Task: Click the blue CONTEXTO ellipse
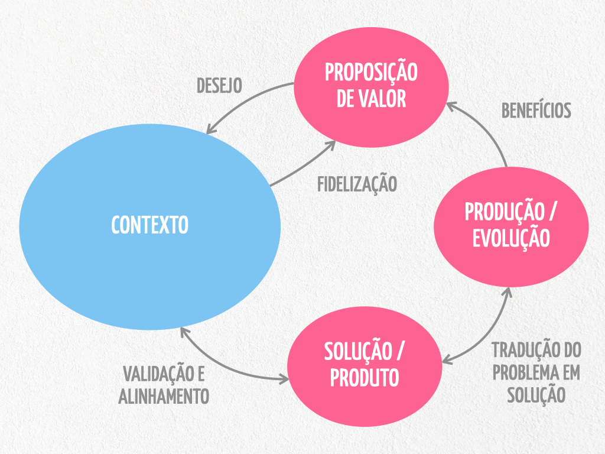(149, 226)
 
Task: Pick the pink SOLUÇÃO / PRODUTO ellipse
(365, 364)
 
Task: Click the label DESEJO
(219, 85)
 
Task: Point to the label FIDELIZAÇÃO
(357, 184)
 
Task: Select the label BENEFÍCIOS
(536, 111)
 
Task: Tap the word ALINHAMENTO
(164, 396)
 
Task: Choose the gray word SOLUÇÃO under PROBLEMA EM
(536, 394)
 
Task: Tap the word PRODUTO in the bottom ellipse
(365, 377)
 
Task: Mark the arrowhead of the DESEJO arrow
(210, 131)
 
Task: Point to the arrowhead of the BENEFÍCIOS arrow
(449, 105)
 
